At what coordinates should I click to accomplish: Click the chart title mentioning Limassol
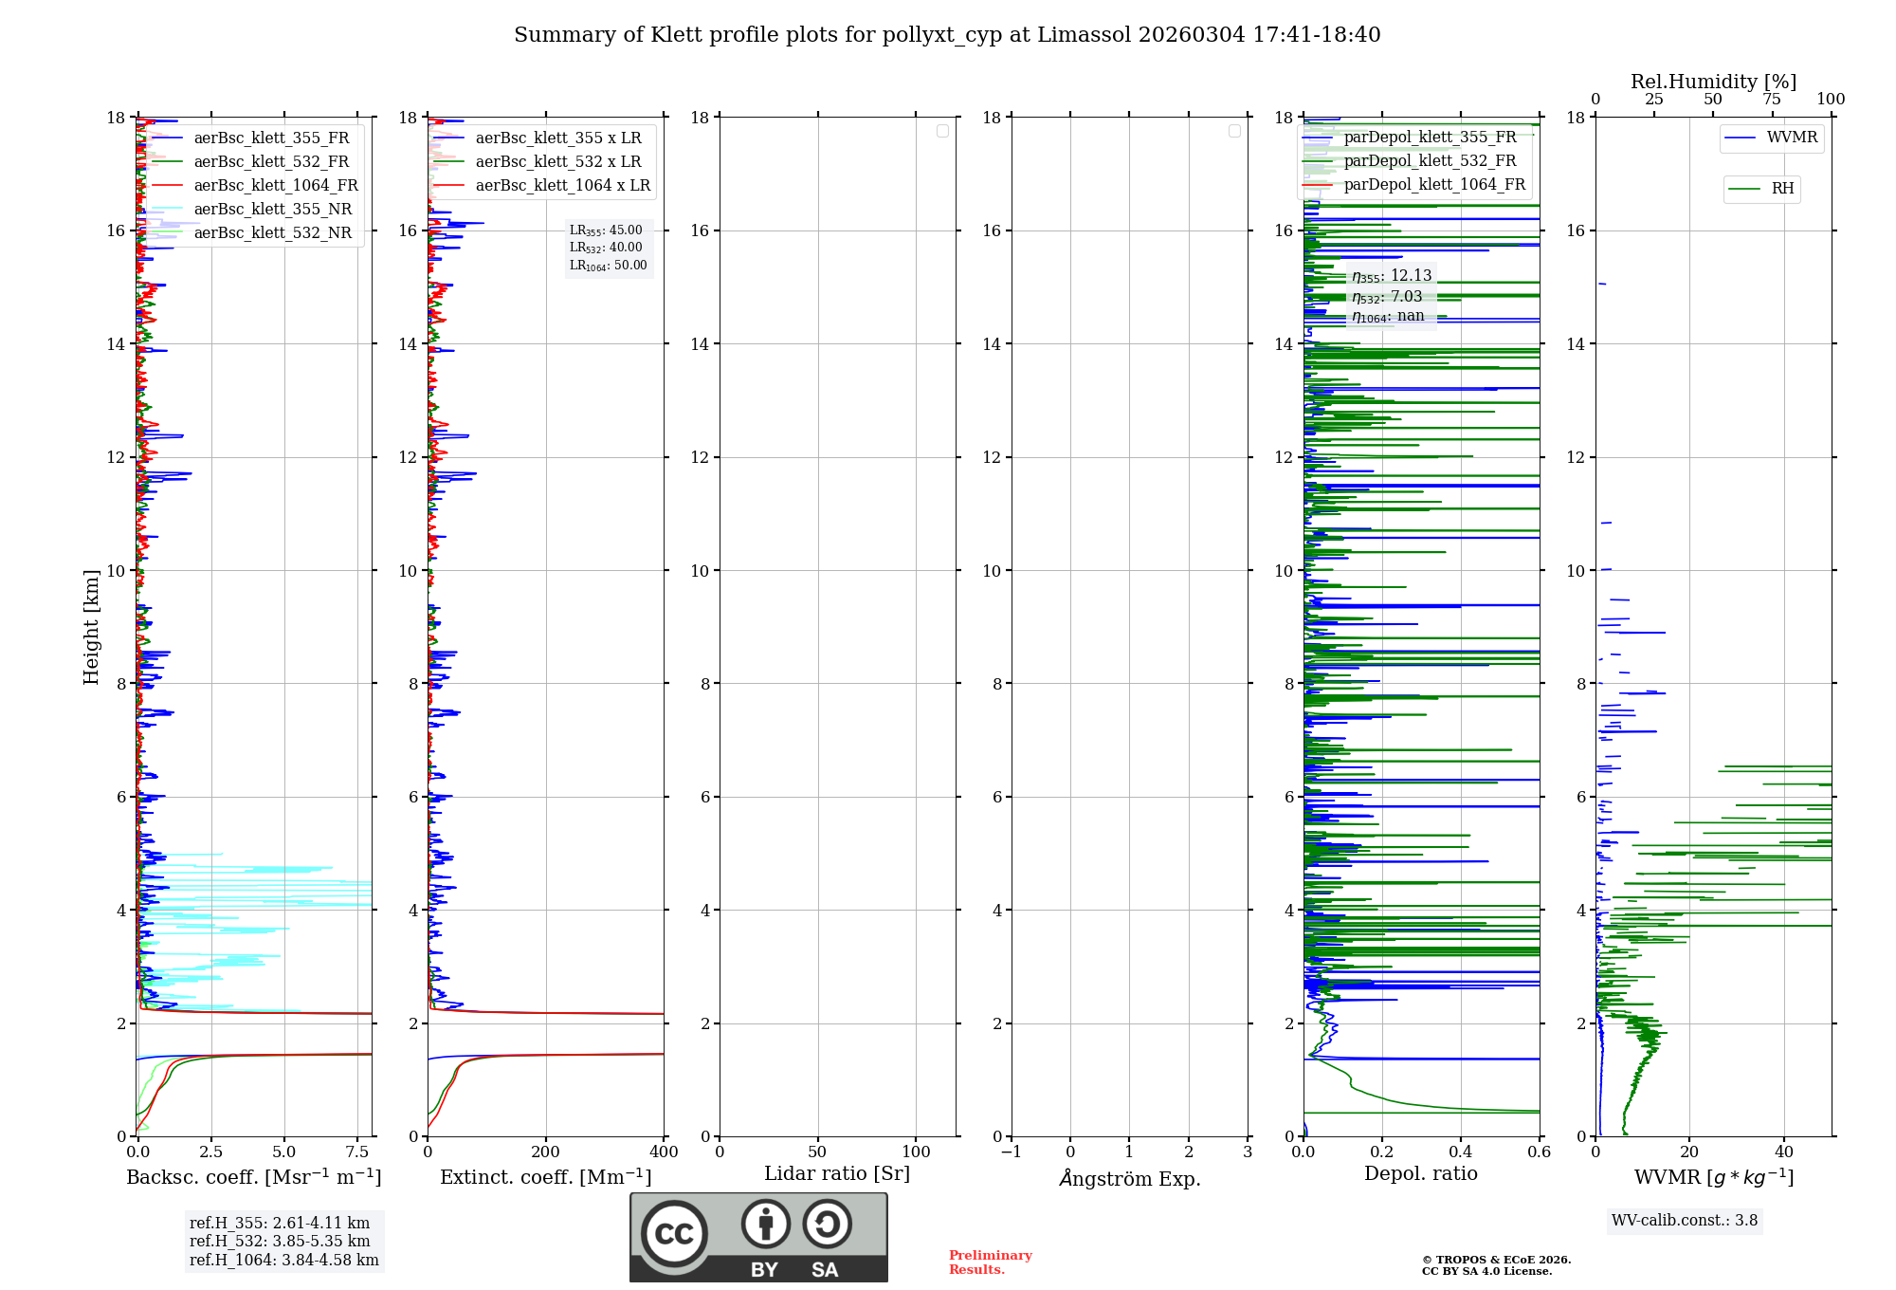coord(947,35)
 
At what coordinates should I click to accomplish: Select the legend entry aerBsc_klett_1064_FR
coord(275,185)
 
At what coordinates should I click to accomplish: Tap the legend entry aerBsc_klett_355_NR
coord(272,209)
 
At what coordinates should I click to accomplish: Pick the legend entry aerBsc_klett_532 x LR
coord(557,161)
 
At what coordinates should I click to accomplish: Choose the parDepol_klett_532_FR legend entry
coord(1430,160)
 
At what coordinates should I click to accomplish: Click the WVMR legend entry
coord(1792,138)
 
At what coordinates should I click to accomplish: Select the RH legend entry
coord(1782,189)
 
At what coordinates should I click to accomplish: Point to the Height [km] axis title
coord(91,627)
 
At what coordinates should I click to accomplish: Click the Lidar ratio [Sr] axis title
coord(837,1173)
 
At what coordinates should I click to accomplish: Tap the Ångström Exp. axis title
coord(1129,1178)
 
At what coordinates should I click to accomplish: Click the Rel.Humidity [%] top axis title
coord(1713,82)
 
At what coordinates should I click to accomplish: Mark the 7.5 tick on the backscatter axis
coord(357,1152)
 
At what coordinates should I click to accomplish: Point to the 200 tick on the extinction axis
coord(545,1152)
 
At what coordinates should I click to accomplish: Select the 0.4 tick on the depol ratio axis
coord(1461,1152)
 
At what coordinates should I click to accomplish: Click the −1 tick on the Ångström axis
coord(1012,1152)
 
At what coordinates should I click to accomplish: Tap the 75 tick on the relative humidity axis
coord(1771,99)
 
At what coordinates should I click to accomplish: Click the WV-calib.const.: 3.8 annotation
coord(1685,1220)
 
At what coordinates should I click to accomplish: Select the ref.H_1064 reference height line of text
coord(283,1260)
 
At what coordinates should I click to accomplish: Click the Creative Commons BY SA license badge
coord(758,1237)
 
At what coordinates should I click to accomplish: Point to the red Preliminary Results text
coord(990,1262)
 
